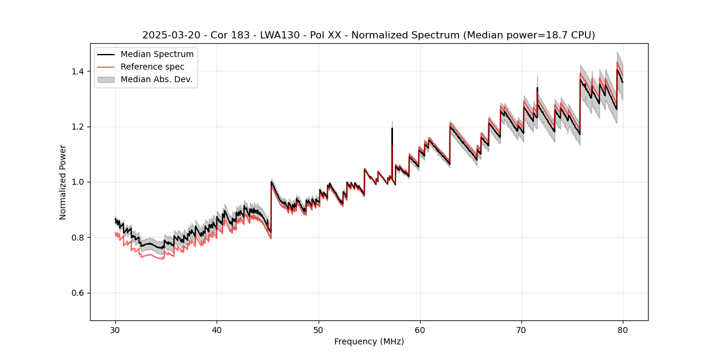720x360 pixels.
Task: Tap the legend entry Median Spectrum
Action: coord(157,55)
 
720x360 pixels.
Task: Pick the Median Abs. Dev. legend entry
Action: coord(156,79)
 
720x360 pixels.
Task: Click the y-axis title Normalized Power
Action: coord(63,182)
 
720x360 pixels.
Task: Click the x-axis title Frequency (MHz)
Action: coord(369,341)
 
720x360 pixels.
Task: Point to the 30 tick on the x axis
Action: coord(116,329)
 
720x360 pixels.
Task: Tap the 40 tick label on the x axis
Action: coord(217,329)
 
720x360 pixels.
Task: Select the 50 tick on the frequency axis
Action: coord(319,329)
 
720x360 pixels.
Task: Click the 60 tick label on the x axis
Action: coord(420,329)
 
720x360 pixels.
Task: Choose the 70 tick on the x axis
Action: coord(521,329)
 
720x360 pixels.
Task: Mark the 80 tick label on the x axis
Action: coord(623,329)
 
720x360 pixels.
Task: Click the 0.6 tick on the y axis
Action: coord(79,293)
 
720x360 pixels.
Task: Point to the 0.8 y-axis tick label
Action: coord(79,238)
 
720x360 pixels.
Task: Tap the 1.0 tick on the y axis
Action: coord(79,182)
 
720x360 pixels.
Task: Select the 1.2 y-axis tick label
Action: coord(79,127)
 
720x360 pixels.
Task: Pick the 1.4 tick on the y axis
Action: coord(79,71)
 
